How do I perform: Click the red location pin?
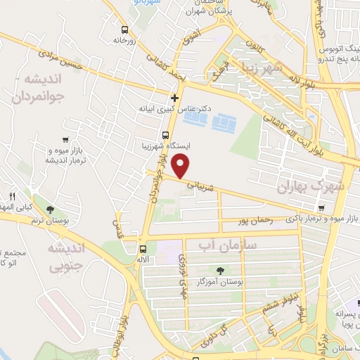point(182,165)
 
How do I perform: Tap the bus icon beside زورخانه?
point(124,30)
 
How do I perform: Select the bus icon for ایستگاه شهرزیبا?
point(165,135)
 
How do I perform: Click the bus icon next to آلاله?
point(143,249)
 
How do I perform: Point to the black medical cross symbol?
point(175,97)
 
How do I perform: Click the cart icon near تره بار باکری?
point(321,208)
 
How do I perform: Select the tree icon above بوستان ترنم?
point(50,210)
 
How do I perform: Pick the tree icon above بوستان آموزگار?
point(221,269)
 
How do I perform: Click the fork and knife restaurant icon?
point(12,196)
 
